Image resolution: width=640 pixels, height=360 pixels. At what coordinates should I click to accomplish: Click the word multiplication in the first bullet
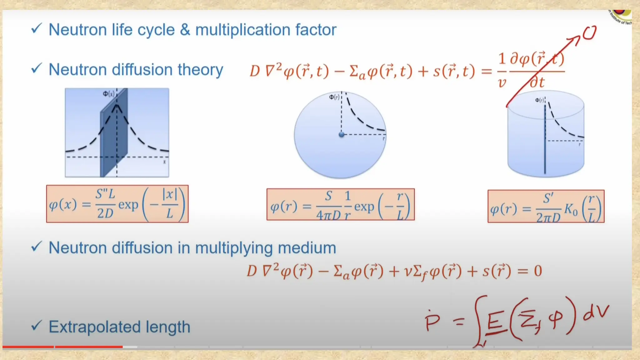[243, 30]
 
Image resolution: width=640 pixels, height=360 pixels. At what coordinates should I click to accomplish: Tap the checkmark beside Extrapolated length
[36, 326]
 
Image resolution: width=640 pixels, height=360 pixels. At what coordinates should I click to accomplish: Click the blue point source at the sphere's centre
[342, 134]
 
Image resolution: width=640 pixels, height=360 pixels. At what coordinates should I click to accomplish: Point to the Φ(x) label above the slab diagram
[109, 93]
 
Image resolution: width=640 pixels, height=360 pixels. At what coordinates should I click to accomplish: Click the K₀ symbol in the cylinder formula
[571, 210]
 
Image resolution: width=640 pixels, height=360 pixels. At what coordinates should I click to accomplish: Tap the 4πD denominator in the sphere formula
[328, 215]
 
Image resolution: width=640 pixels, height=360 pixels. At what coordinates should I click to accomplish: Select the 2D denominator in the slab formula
[105, 213]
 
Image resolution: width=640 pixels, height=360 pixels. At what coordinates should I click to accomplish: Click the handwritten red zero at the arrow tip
[589, 33]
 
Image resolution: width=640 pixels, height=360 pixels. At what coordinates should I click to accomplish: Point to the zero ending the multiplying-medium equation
[537, 271]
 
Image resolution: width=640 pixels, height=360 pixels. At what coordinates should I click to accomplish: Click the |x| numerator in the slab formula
[170, 194]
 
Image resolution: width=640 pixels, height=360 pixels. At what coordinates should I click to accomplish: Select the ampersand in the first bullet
[185, 30]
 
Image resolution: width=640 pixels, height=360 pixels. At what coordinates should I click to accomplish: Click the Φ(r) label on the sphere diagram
[334, 97]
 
